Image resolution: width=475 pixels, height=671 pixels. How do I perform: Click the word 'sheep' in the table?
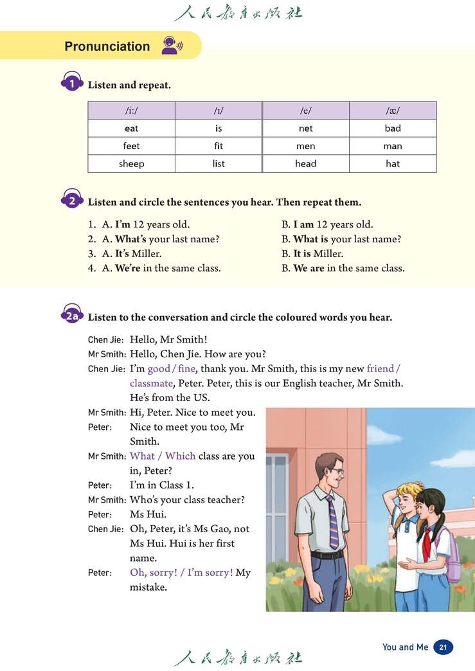coord(131,164)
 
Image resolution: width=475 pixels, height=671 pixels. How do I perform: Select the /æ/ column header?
coord(393,111)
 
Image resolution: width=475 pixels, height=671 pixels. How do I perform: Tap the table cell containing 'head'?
coord(305,164)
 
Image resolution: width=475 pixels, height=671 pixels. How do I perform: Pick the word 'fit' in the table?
coord(219,146)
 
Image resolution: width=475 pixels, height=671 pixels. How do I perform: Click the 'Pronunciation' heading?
coord(107,46)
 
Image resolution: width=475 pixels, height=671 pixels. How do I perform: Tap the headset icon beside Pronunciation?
coord(171,46)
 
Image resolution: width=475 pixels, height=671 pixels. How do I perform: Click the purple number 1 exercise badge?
coord(72,84)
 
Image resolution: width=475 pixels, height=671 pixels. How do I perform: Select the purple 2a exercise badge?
coord(72,316)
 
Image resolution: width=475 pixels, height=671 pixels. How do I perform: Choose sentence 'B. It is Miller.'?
coord(312,253)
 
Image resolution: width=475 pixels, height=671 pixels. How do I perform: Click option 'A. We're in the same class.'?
coord(161,268)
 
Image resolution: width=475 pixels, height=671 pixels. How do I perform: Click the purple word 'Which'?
coord(181,456)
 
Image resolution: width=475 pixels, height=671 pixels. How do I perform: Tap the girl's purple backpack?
coord(452,556)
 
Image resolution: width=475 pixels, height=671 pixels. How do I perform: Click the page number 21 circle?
coord(443,647)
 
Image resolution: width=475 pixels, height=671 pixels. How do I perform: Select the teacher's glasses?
coord(337,471)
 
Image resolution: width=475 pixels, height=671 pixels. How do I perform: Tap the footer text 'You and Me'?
coord(405,647)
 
